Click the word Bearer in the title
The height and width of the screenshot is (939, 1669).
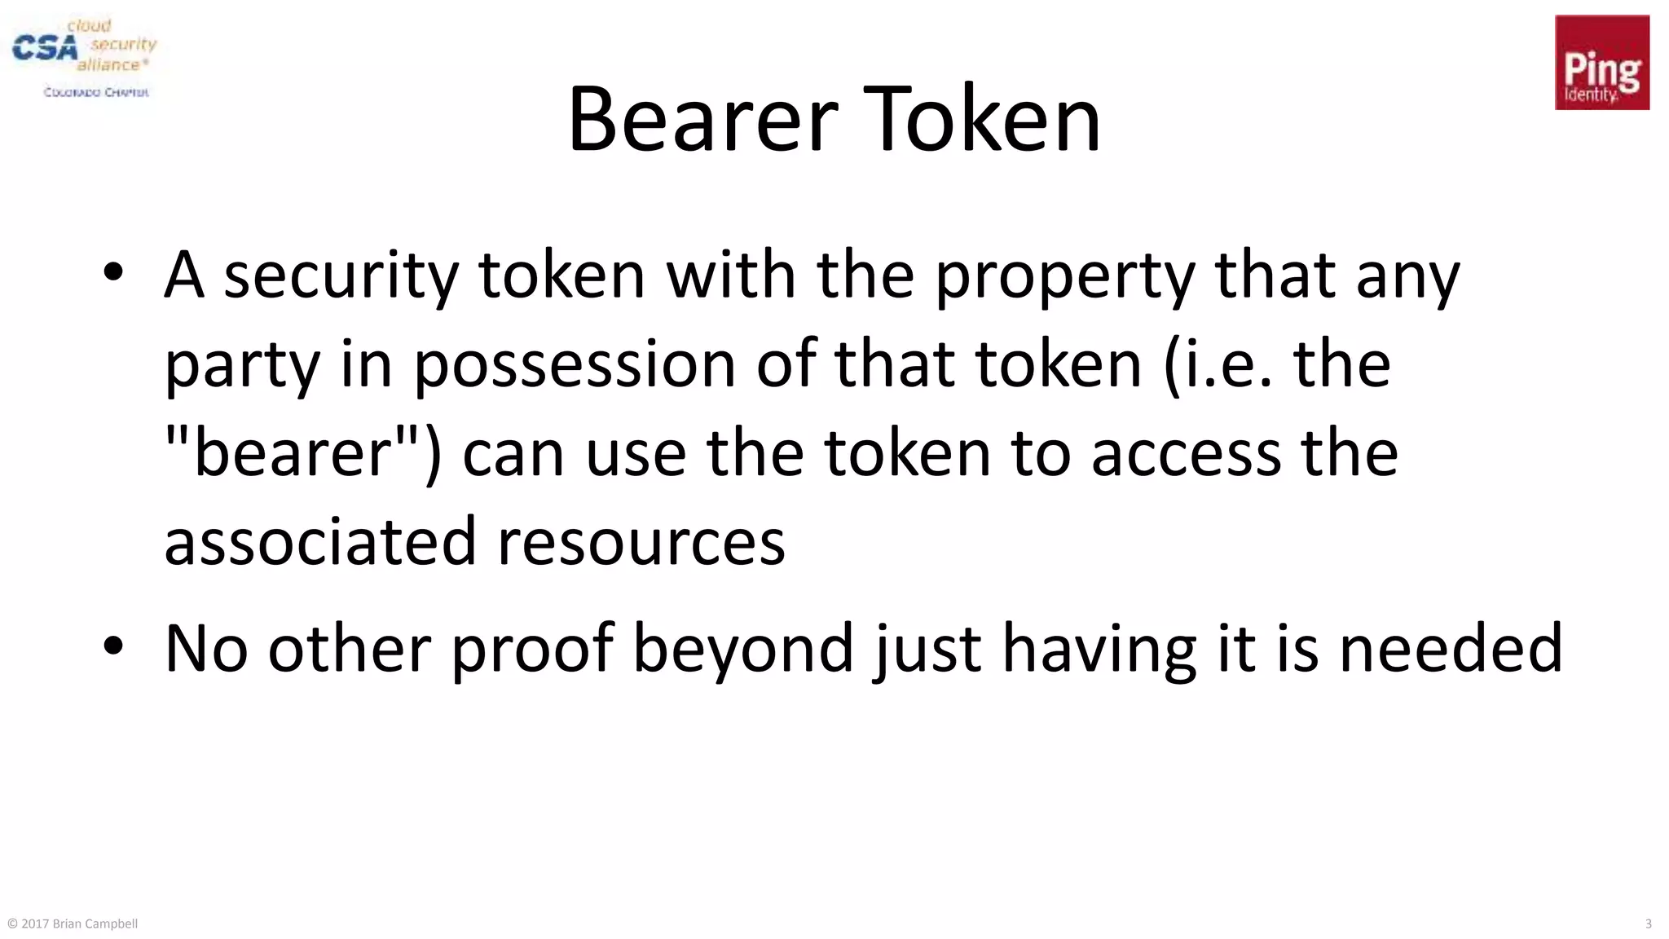(702, 120)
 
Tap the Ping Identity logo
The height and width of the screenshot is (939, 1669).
(1601, 63)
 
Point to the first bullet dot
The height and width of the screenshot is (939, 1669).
(113, 273)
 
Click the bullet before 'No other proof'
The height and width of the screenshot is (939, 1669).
(113, 646)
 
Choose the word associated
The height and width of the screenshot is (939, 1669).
(319, 542)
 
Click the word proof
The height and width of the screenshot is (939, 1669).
(532, 650)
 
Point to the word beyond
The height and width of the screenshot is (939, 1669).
(743, 650)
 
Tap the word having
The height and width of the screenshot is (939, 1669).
(1099, 650)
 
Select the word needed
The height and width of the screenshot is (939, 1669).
(1451, 648)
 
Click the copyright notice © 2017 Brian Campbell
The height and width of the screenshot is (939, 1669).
(73, 924)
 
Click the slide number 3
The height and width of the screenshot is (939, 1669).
(1648, 924)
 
